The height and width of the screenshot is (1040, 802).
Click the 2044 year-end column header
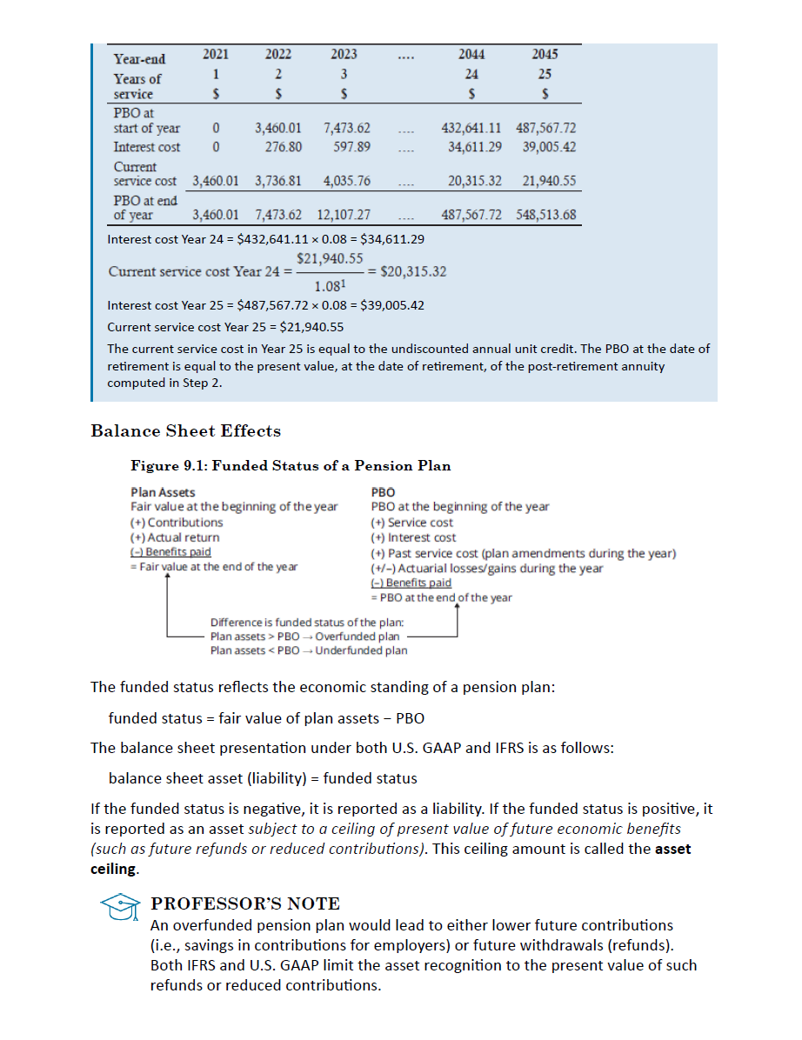(x=471, y=54)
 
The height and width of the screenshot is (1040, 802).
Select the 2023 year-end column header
(x=344, y=54)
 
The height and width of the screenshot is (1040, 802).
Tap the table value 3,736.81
(x=278, y=181)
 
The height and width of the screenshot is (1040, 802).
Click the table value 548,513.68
(x=545, y=215)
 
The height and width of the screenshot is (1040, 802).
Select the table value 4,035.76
(x=346, y=181)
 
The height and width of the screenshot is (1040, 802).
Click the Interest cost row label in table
(x=147, y=146)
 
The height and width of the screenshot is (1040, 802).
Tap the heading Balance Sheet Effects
(x=185, y=431)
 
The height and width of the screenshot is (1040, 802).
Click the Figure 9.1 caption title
(x=291, y=465)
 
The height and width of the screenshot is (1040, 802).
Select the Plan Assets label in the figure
(x=163, y=492)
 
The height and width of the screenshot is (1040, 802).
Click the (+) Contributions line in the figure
(x=177, y=522)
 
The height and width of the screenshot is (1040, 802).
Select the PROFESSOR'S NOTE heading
(x=245, y=903)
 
